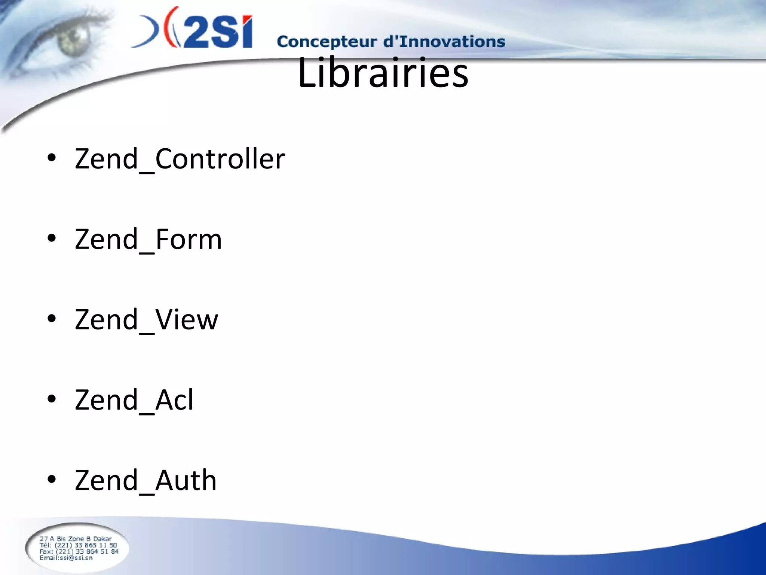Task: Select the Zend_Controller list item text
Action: (180, 159)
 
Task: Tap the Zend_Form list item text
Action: (148, 239)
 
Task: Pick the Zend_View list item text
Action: (146, 320)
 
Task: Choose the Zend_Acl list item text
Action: (134, 400)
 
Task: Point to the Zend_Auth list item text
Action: (145, 480)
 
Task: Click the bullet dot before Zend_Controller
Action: (52, 158)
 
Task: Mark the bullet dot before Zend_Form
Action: (52, 238)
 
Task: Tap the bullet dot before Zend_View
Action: (52, 319)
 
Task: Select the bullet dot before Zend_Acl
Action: (52, 399)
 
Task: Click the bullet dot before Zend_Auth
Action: (52, 479)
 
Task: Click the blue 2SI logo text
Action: (217, 32)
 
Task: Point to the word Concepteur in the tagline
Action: (327, 42)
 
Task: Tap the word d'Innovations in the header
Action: (444, 41)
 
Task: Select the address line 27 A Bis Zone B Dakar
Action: (76, 539)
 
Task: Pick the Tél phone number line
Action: (78, 545)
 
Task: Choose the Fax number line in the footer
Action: (79, 551)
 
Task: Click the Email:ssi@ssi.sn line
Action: (66, 558)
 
